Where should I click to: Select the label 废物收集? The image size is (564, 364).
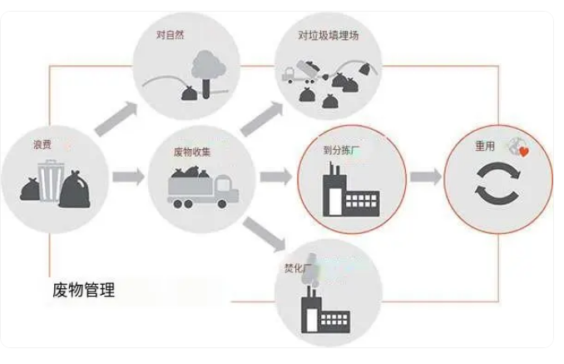(x=191, y=152)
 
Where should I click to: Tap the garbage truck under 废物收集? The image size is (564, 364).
(x=202, y=187)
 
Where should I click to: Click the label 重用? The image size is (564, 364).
(x=485, y=145)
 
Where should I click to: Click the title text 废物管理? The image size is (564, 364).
(x=83, y=291)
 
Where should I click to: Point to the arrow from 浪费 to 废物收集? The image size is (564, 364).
(x=127, y=176)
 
